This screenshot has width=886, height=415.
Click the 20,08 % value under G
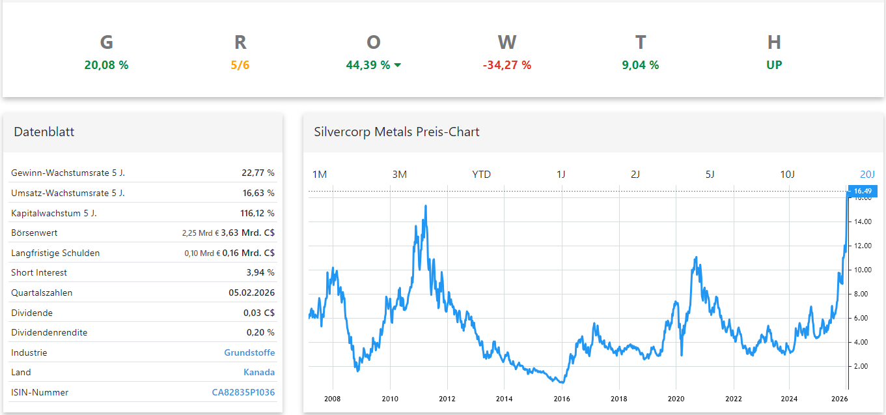coord(106,65)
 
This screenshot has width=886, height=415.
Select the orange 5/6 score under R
coord(240,65)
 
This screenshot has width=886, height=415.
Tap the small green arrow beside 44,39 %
coord(398,65)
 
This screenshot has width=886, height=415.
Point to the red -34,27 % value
coord(506,65)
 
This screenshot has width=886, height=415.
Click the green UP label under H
coord(773,65)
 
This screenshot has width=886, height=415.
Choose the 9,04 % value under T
coord(640,65)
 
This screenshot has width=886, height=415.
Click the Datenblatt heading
coord(44,132)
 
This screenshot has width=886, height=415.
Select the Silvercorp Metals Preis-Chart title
coord(396,132)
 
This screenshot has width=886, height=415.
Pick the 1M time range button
coord(320,175)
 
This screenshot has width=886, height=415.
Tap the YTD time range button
coord(481,175)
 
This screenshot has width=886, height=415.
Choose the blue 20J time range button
coord(867,175)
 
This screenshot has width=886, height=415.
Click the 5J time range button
coord(710,175)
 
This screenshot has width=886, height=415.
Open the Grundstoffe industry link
coord(249,352)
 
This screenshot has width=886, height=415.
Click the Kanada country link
coord(259,373)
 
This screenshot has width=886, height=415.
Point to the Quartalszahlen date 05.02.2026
coord(251,293)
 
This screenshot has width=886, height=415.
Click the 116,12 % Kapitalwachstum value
coord(257,213)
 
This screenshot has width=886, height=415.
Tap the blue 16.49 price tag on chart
coord(862,191)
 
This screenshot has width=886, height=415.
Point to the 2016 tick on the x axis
coord(561,399)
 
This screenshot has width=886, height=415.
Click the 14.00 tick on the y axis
coord(863,222)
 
